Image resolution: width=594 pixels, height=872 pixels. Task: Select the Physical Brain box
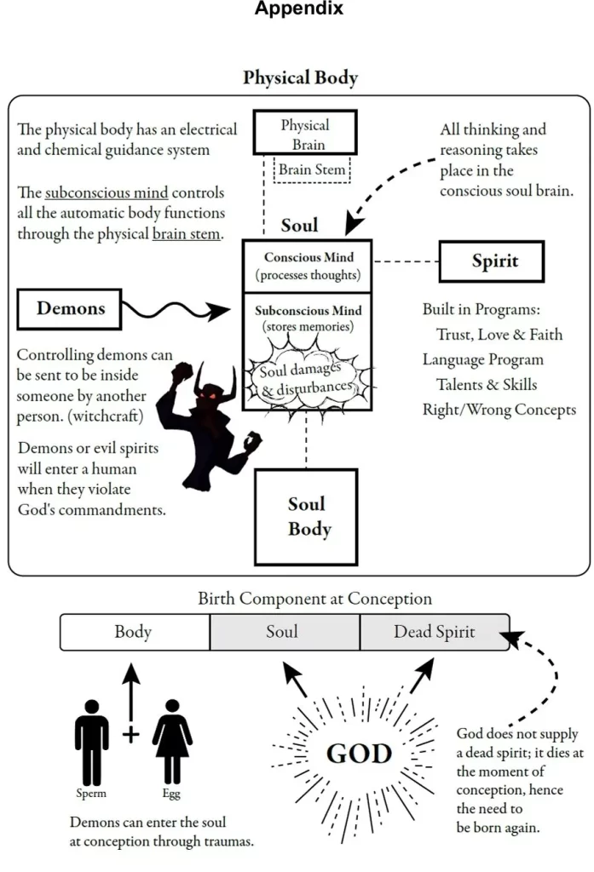pyautogui.click(x=304, y=135)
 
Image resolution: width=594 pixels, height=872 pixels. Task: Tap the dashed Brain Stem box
pyautogui.click(x=312, y=169)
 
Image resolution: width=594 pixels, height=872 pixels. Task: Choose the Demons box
pyautogui.click(x=68, y=309)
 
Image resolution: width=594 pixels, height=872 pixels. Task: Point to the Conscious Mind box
pyautogui.click(x=308, y=266)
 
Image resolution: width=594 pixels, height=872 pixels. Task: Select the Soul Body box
pyautogui.click(x=308, y=516)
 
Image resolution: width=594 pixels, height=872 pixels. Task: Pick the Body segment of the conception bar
pyautogui.click(x=135, y=632)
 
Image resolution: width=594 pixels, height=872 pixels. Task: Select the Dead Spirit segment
pyautogui.click(x=434, y=632)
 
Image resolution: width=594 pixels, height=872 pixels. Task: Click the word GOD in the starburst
pyautogui.click(x=359, y=754)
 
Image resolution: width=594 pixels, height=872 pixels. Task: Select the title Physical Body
pyautogui.click(x=300, y=78)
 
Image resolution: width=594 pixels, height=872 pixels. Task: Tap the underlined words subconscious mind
pyautogui.click(x=89, y=192)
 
